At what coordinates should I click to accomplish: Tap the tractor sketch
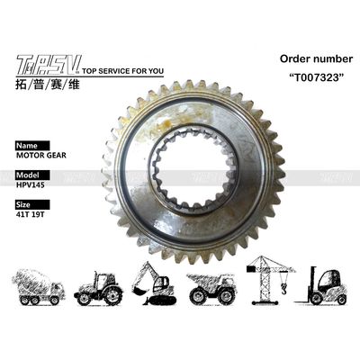pyautogui.click(x=99, y=286)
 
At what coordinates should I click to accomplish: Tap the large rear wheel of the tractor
pyautogui.click(x=110, y=293)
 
